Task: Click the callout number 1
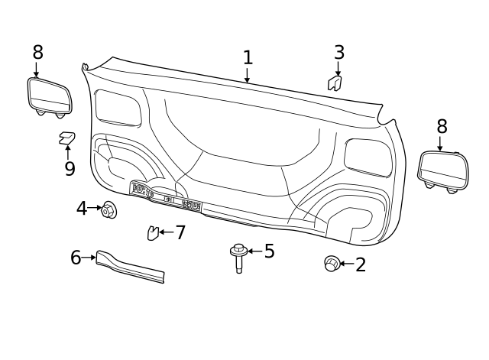pos(248,58)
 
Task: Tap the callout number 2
pos(361,265)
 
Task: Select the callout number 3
pos(338,54)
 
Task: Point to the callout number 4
pos(81,209)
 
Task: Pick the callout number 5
pos(269,251)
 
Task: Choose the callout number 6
pos(76,258)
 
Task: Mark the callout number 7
pos(180,232)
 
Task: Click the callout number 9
pos(70,169)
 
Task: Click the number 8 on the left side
pos(37,53)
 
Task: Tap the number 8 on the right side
pos(442,127)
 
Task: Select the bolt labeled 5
pos(239,258)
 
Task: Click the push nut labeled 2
pos(332,264)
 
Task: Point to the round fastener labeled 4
pos(108,209)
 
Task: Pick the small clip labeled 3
pos(335,83)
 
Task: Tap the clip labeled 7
pos(153,233)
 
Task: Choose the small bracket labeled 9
pos(67,138)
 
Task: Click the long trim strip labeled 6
pos(130,267)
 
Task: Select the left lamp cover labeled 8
pos(50,96)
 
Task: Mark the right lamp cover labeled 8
pos(443,170)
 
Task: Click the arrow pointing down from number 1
pos(247,76)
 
